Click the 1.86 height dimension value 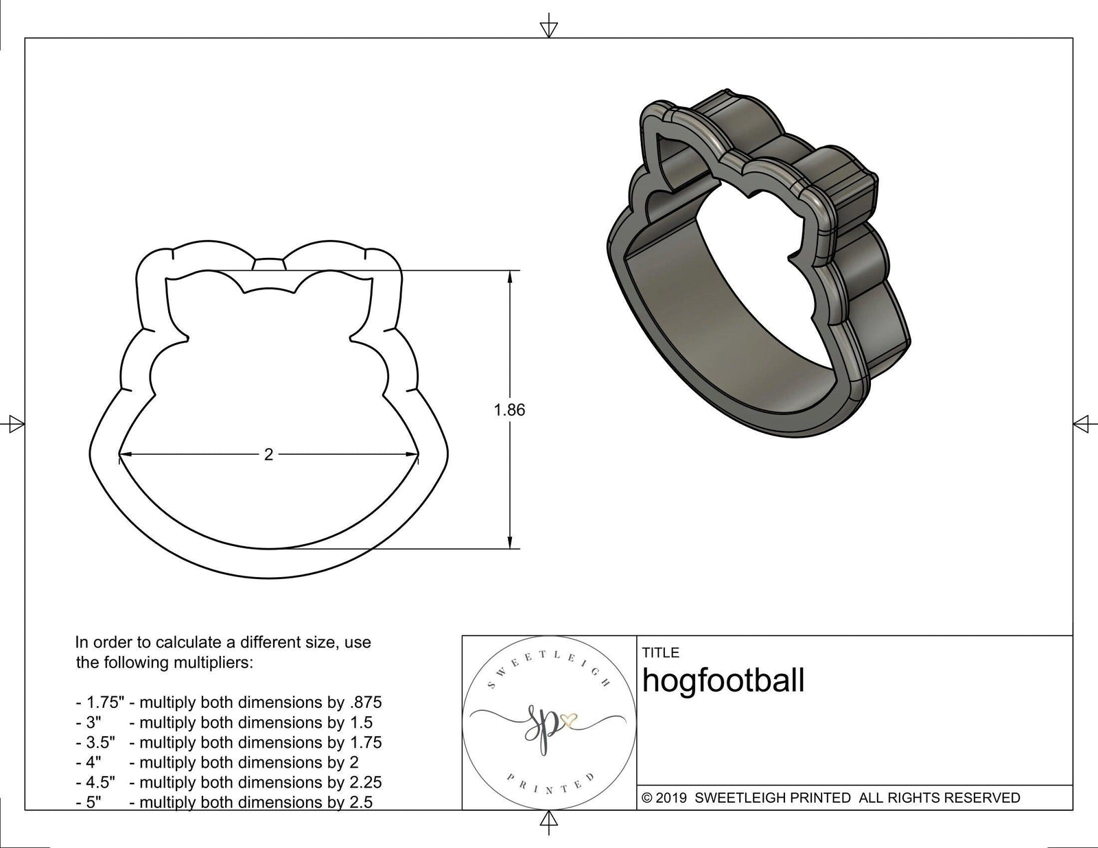(x=509, y=410)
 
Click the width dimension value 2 (x=268, y=454)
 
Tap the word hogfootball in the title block (x=723, y=681)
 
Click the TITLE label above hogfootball (x=660, y=652)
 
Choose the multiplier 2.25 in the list (x=365, y=782)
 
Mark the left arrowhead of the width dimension (x=123, y=454)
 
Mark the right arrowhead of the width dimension (x=415, y=454)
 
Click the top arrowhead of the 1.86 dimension (x=509, y=274)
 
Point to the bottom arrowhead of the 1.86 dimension (x=509, y=545)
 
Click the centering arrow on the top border (x=548, y=28)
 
